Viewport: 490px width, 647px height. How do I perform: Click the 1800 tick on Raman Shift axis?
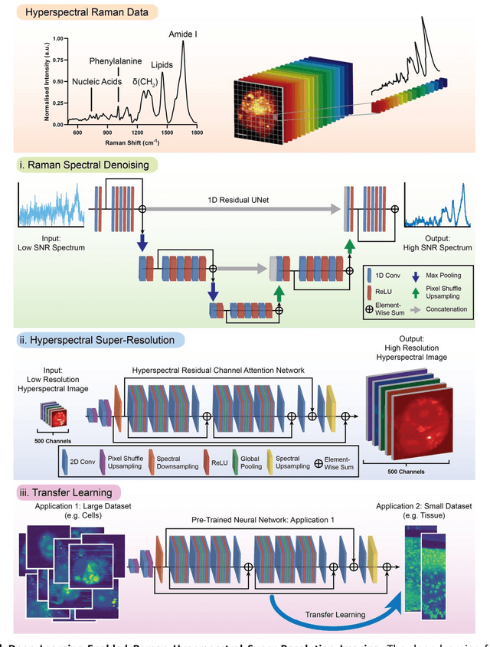[x=198, y=133]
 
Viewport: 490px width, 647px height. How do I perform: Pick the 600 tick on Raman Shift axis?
[x=77, y=133]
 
